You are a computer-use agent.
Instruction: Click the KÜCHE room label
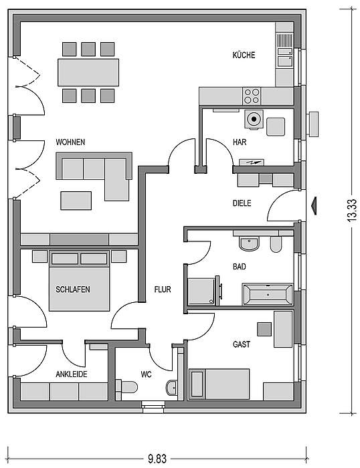(x=244, y=55)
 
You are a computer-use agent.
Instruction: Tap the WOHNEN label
(x=70, y=142)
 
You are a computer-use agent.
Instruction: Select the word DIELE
(x=242, y=203)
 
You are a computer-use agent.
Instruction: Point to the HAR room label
(x=240, y=142)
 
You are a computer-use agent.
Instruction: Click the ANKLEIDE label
(x=72, y=374)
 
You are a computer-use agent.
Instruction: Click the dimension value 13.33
(x=352, y=210)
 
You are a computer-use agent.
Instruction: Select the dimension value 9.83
(x=157, y=459)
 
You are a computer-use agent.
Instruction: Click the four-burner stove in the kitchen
(x=252, y=96)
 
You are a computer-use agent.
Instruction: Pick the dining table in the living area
(x=88, y=72)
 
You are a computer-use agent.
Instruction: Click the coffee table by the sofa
(x=76, y=201)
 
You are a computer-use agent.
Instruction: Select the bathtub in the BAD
(x=268, y=295)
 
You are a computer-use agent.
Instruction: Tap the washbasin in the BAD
(x=249, y=244)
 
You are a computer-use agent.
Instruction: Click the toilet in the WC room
(x=126, y=387)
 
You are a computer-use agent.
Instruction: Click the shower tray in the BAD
(x=201, y=291)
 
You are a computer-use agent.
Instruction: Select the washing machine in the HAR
(x=254, y=120)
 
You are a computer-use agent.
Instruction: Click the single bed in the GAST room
(x=219, y=384)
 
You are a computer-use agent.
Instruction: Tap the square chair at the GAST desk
(x=265, y=329)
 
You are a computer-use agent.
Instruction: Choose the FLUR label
(x=163, y=289)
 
